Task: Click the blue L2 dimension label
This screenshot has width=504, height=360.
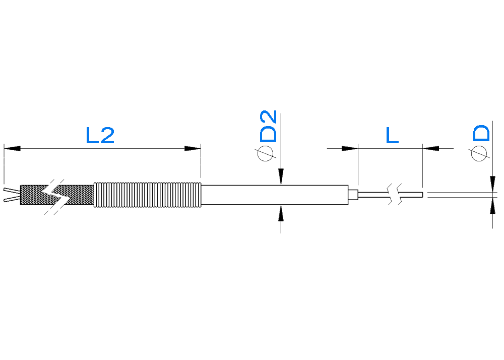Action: pyautogui.click(x=100, y=135)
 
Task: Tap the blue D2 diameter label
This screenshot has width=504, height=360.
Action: pyautogui.click(x=268, y=126)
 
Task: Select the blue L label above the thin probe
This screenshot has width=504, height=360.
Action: pyautogui.click(x=392, y=135)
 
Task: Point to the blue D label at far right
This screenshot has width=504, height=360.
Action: pyautogui.click(x=481, y=134)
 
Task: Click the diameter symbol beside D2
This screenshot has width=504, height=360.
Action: pyautogui.click(x=266, y=153)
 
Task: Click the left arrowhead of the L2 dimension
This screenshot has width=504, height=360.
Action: pyautogui.click(x=12, y=149)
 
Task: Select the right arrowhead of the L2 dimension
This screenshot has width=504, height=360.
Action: pyautogui.click(x=193, y=149)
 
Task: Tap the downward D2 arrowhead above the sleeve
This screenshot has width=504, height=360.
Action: pyautogui.click(x=281, y=176)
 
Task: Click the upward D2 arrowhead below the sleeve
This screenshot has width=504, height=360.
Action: pyautogui.click(x=281, y=213)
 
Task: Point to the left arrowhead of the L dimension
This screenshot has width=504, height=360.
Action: pyautogui.click(x=350, y=149)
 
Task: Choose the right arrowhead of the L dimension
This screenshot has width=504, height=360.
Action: pyautogui.click(x=431, y=149)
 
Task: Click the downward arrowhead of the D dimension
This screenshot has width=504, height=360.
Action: pyautogui.click(x=492, y=184)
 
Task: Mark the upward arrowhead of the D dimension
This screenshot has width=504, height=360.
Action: pyautogui.click(x=492, y=206)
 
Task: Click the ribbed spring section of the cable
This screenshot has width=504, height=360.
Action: pyautogui.click(x=148, y=195)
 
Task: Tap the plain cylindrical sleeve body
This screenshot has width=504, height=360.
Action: pyautogui.click(x=275, y=195)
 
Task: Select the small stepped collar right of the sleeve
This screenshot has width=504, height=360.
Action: pyautogui.click(x=353, y=195)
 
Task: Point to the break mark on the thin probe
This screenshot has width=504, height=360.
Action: pyautogui.click(x=395, y=195)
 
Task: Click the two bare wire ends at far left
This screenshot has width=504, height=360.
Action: pyautogui.click(x=12, y=195)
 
